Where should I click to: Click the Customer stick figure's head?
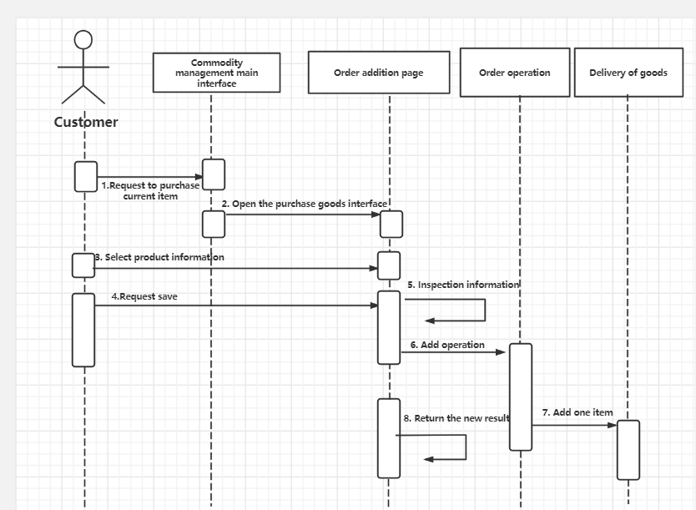pyautogui.click(x=83, y=39)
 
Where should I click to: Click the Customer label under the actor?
pyautogui.click(x=86, y=122)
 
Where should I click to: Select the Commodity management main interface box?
pyautogui.click(x=216, y=73)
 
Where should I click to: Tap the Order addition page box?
pyautogui.click(x=378, y=73)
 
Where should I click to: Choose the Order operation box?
pyautogui.click(x=514, y=73)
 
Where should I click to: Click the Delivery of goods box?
pyautogui.click(x=628, y=73)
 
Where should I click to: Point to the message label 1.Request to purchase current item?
pyautogui.click(x=150, y=190)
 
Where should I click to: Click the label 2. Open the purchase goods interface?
pyautogui.click(x=305, y=204)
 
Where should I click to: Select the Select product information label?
pyautogui.click(x=160, y=257)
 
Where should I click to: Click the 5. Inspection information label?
pyautogui.click(x=463, y=285)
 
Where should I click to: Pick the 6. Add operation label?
pyautogui.click(x=447, y=344)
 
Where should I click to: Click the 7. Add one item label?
pyautogui.click(x=577, y=412)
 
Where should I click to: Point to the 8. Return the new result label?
pyautogui.click(x=456, y=418)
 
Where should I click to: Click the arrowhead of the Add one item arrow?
pyautogui.click(x=613, y=426)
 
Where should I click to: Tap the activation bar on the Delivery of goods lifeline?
pyautogui.click(x=628, y=449)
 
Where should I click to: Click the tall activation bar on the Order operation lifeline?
pyautogui.click(x=520, y=396)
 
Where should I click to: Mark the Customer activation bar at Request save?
pyautogui.click(x=83, y=330)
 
